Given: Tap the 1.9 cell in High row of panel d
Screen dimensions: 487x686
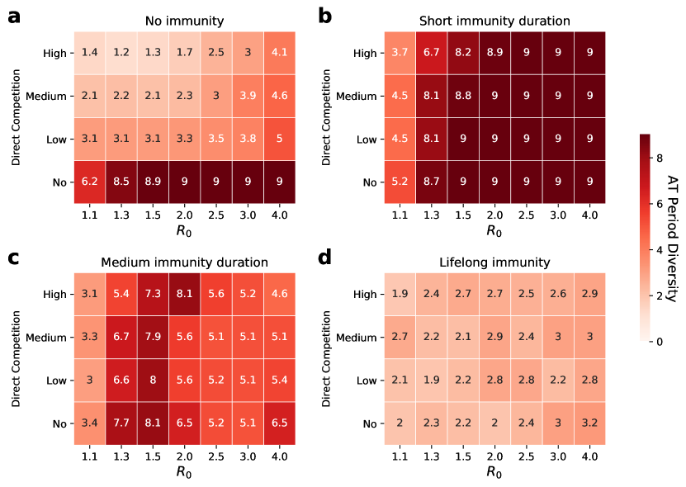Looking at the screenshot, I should click(400, 294).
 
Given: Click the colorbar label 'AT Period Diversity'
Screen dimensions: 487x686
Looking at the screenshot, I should click(673, 237).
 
